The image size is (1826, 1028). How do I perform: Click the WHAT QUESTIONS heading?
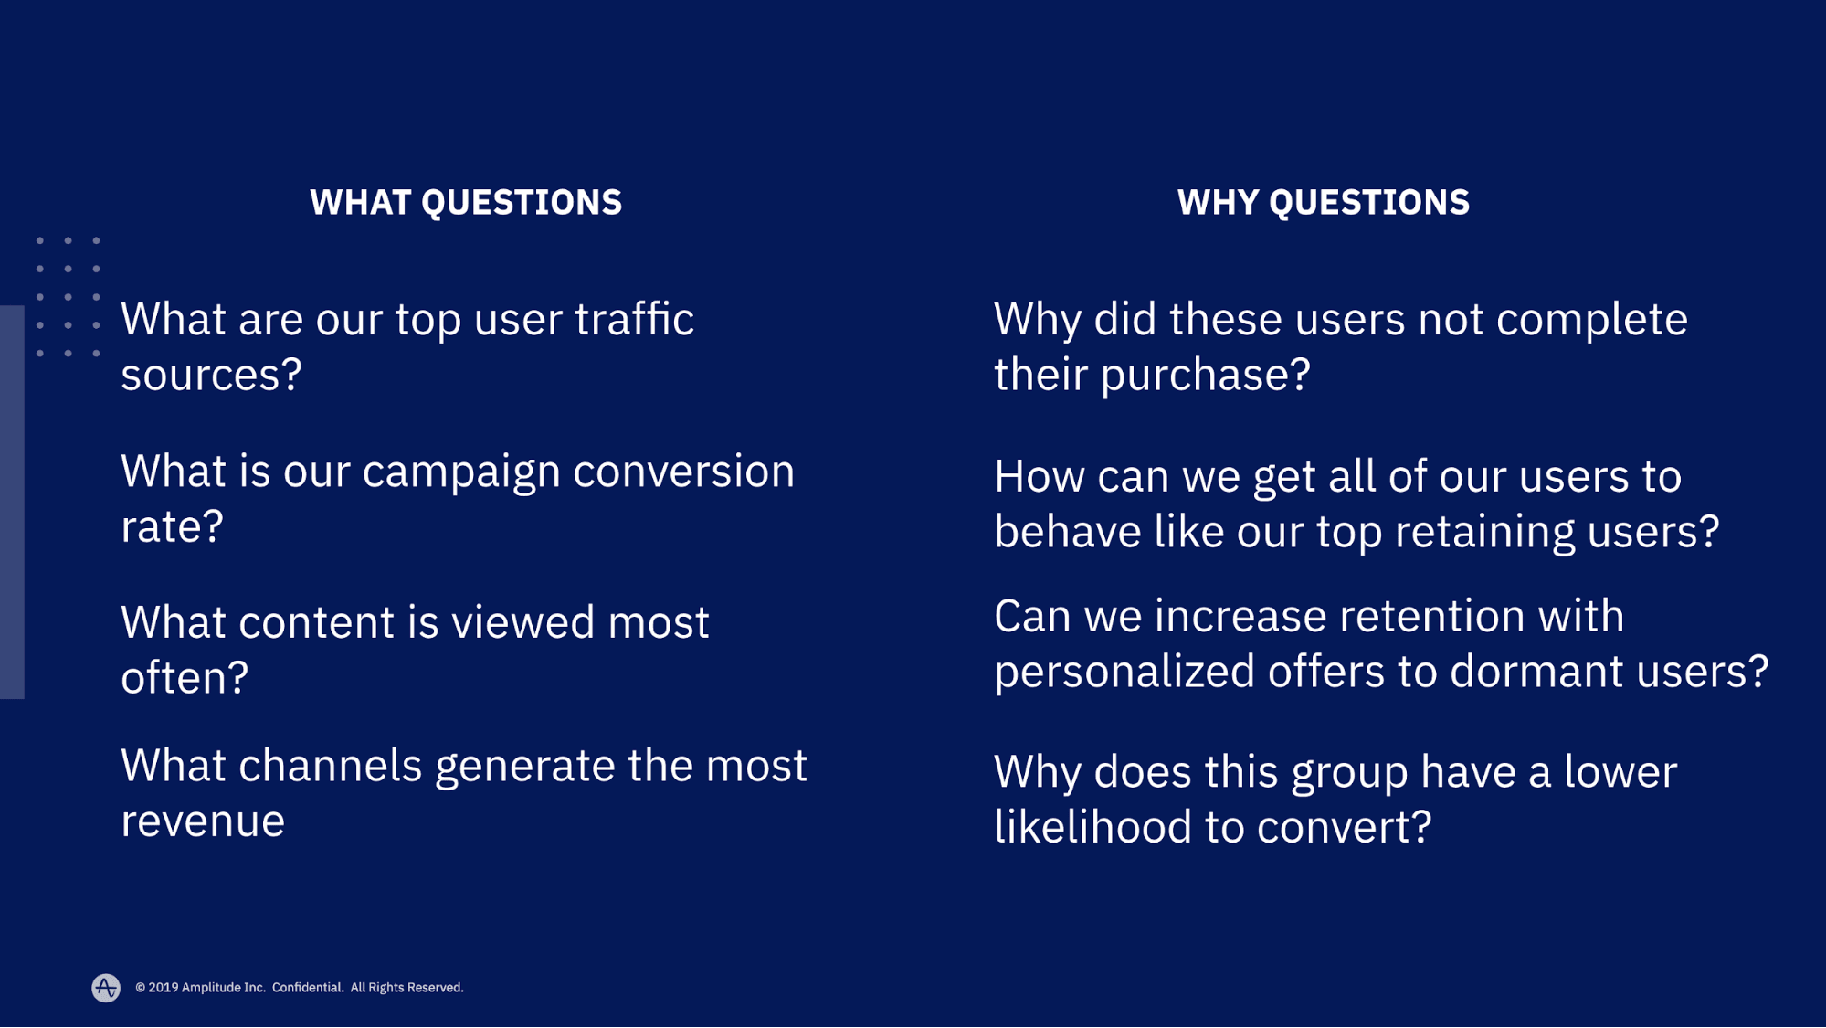tap(466, 202)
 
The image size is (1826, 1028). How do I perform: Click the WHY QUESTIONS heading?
tap(1323, 202)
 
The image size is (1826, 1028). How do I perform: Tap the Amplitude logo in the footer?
tap(106, 987)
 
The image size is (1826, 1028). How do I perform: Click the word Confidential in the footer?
tap(308, 988)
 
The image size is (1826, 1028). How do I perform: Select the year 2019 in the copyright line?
tap(163, 988)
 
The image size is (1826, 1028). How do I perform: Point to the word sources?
tap(211, 375)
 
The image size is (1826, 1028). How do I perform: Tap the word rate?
tap(173, 526)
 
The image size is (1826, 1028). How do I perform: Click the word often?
tap(185, 678)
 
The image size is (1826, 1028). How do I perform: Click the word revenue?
tap(203, 821)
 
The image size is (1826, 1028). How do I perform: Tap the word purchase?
tap(1205, 376)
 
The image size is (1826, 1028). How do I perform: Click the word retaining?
tap(1484, 533)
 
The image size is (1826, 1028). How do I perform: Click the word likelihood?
tap(1092, 827)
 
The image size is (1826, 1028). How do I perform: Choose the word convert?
tap(1344, 828)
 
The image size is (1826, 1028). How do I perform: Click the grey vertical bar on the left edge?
tap(12, 502)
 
